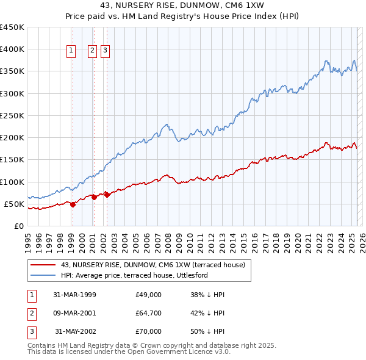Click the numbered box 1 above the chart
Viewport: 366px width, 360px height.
[x=71, y=51]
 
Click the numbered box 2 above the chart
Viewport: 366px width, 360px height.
[x=93, y=51]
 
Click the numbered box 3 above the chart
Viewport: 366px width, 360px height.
[x=105, y=51]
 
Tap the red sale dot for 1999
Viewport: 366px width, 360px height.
[x=73, y=204]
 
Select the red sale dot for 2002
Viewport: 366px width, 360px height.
[x=107, y=195]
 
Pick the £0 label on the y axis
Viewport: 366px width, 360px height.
[x=18, y=226]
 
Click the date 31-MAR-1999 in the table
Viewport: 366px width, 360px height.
[x=74, y=295]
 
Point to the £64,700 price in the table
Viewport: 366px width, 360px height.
[x=149, y=313]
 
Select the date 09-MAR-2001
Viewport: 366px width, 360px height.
[x=74, y=313]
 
